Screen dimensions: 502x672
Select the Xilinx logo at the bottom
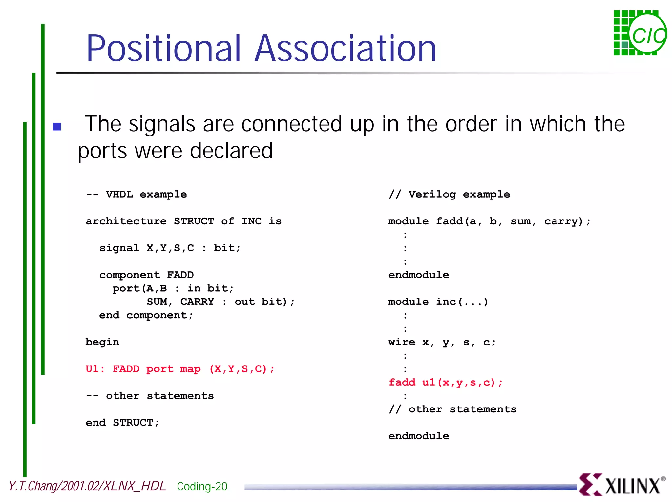(x=622, y=485)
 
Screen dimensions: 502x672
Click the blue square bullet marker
(x=57, y=126)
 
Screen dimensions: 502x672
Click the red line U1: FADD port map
(x=180, y=369)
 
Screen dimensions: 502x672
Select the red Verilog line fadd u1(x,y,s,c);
(x=445, y=383)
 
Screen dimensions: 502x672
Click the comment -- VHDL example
(x=136, y=194)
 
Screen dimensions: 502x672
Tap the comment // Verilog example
(x=449, y=194)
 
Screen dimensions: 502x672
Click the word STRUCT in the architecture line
(x=194, y=221)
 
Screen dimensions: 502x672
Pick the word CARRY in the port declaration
(x=197, y=302)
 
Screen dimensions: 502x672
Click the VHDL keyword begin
(x=102, y=342)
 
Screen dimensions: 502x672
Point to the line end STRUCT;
(x=122, y=423)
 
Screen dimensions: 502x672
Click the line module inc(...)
(x=438, y=302)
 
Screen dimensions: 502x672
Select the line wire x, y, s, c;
(x=442, y=342)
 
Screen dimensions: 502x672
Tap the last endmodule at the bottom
(x=419, y=436)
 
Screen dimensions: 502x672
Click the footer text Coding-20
(x=202, y=486)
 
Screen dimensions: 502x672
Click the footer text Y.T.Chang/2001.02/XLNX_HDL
(x=87, y=486)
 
